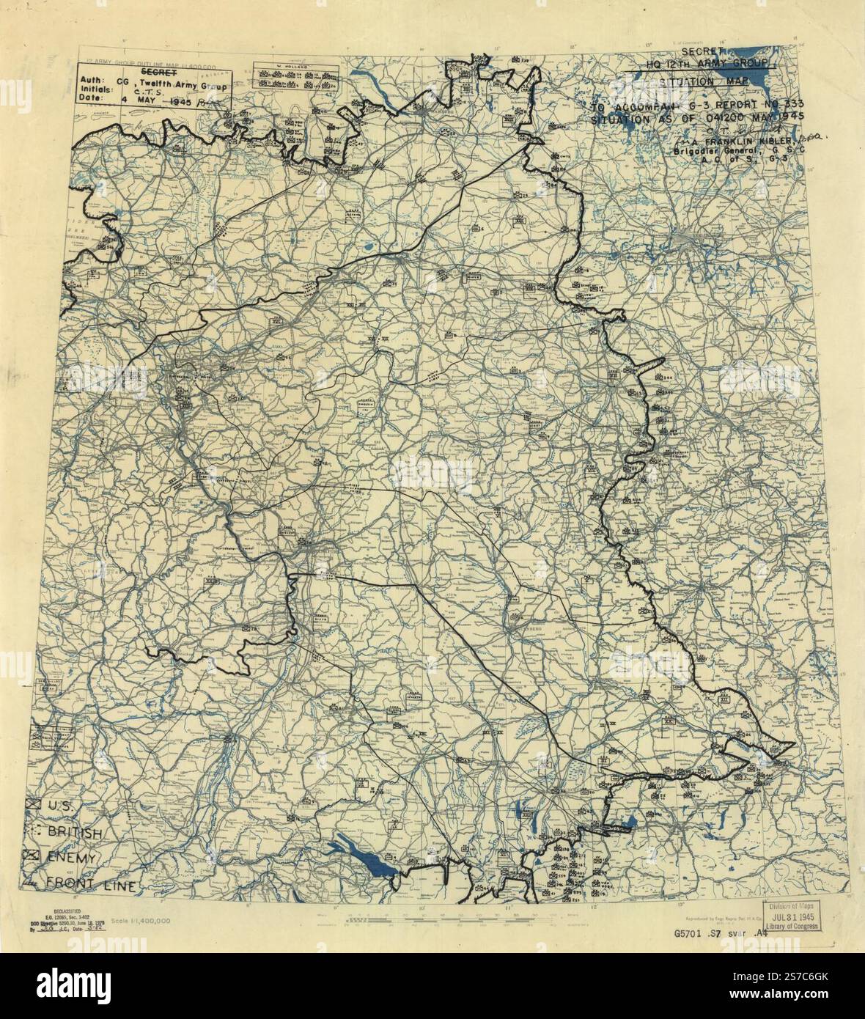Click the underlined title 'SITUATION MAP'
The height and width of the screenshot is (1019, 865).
click(696, 82)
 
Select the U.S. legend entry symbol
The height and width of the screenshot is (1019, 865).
click(32, 804)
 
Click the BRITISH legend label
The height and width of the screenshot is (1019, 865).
click(74, 834)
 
